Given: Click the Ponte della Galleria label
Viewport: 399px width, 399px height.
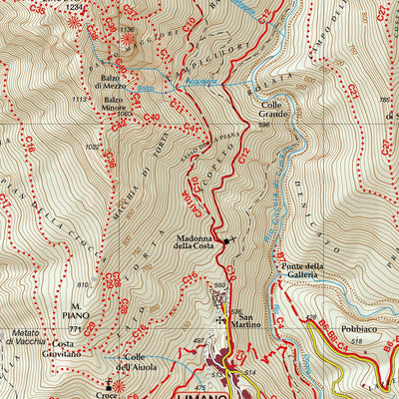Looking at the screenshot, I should coord(302,269).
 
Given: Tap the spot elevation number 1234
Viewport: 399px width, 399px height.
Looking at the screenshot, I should coord(74,7).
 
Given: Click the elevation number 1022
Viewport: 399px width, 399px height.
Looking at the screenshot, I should coord(93,148).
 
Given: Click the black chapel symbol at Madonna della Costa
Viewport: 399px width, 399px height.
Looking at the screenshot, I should coord(226,240).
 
